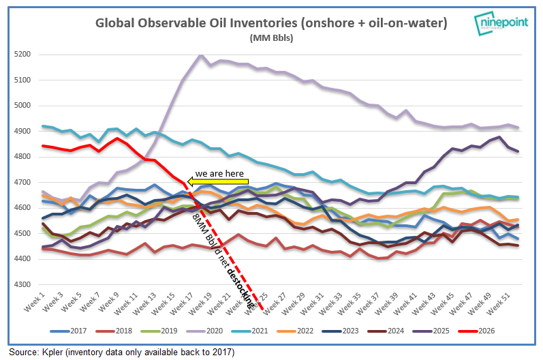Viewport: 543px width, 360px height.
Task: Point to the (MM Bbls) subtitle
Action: click(271, 38)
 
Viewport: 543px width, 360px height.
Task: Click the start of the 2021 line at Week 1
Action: click(43, 126)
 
